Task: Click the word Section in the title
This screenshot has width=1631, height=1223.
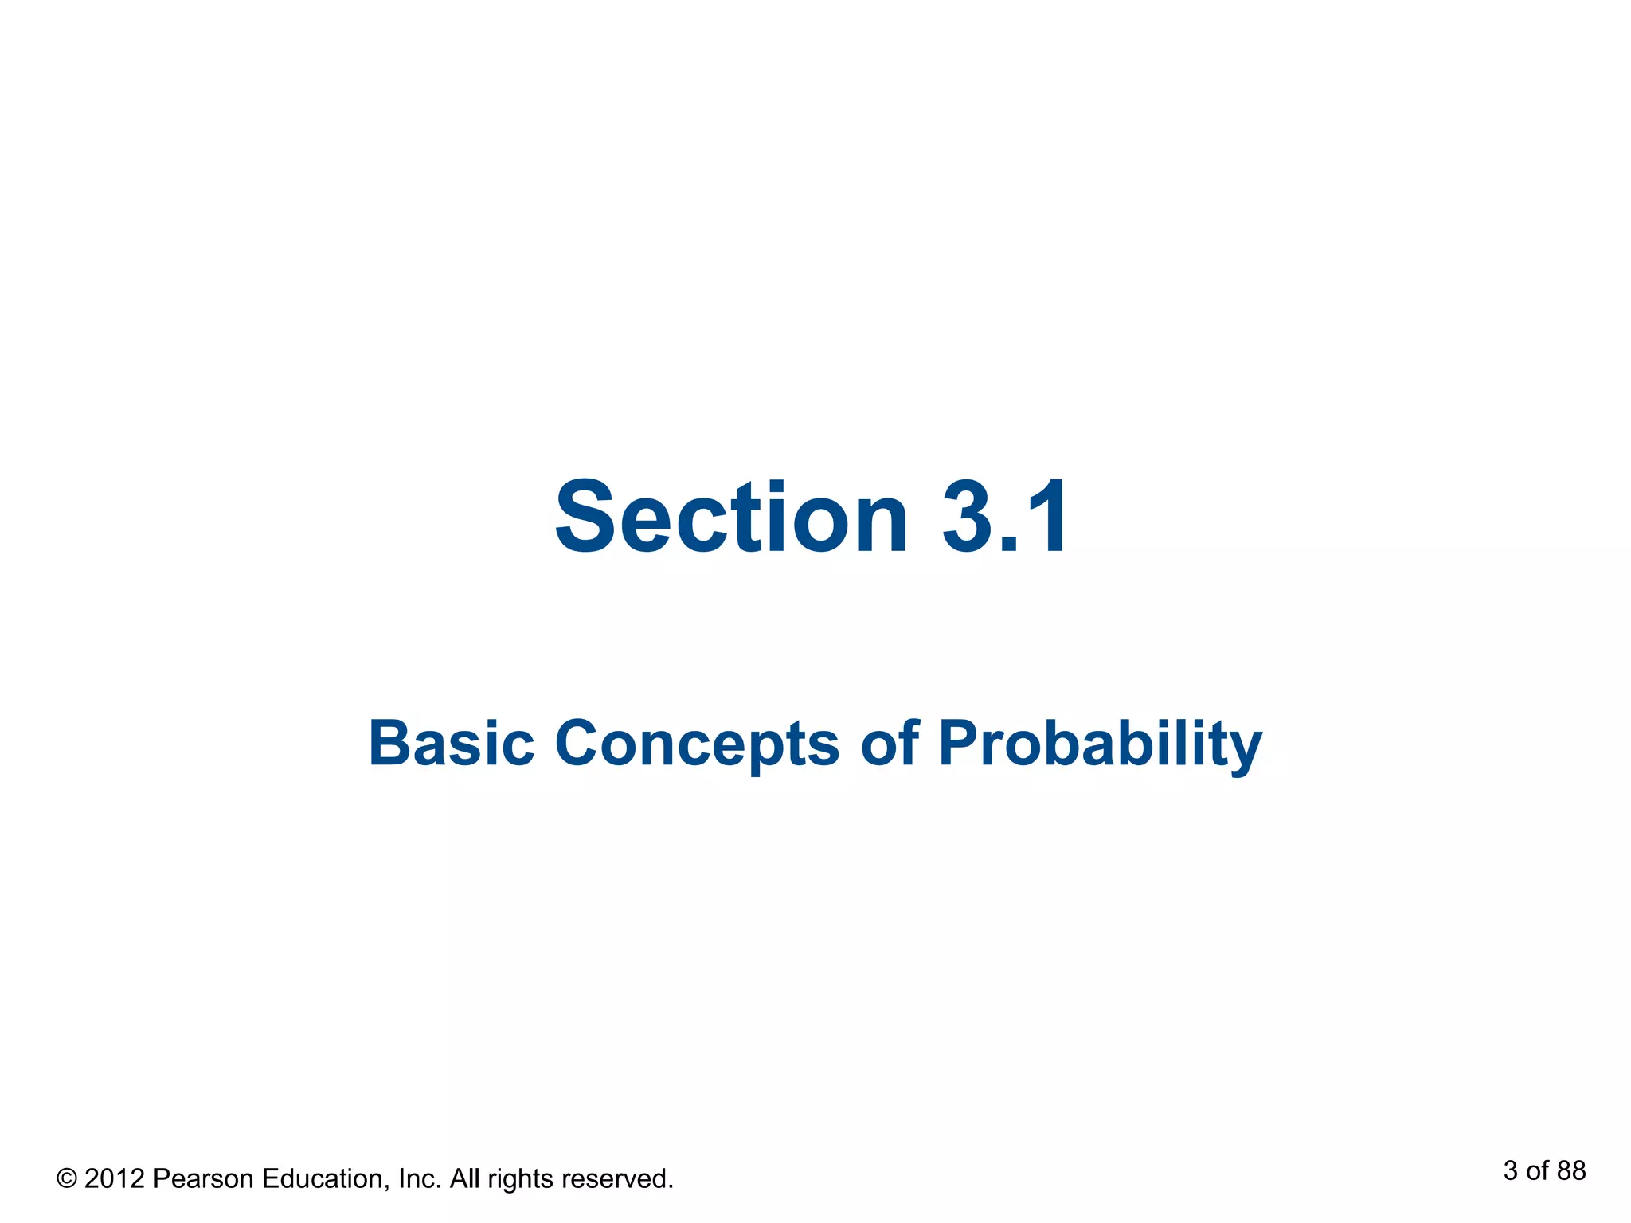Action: point(731,517)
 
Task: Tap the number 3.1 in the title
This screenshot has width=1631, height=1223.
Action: point(1006,517)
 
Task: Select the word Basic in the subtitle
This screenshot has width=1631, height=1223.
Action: point(451,743)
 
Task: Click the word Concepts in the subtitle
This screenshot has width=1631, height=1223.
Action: point(696,744)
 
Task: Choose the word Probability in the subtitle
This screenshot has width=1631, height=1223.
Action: point(1100,744)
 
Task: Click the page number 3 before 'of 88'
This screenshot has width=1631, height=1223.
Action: point(1511,1171)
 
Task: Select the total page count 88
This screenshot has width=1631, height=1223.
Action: point(1571,1171)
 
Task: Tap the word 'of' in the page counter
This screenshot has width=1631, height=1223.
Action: point(1537,1171)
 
